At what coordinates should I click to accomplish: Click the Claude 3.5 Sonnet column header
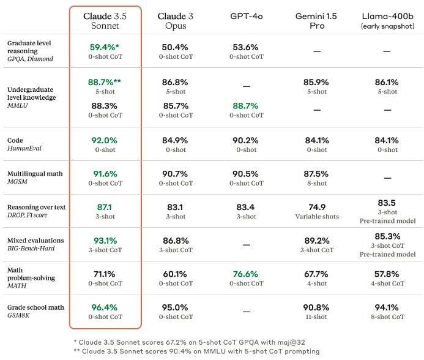[105, 21]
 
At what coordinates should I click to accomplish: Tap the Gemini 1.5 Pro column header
[316, 21]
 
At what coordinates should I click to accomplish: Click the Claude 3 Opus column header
[175, 21]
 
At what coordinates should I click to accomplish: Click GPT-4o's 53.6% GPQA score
[246, 47]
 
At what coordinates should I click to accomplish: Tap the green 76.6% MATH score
[246, 274]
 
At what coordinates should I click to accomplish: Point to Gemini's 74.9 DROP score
[316, 207]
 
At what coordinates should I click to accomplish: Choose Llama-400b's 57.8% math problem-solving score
[387, 274]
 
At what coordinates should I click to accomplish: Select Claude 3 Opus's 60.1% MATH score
[175, 274]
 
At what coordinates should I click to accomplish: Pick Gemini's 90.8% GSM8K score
[316, 307]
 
